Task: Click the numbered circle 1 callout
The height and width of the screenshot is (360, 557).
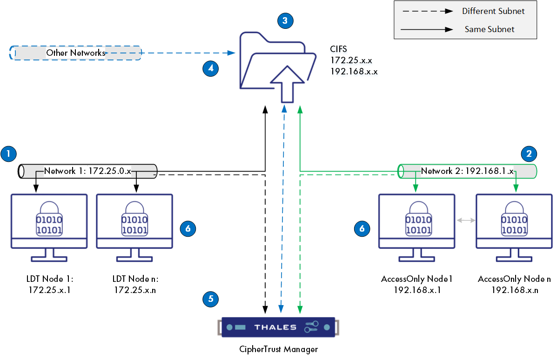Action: coord(9,154)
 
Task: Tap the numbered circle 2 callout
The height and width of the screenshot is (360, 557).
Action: coord(529,153)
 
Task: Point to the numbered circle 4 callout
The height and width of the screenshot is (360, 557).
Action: coord(211,68)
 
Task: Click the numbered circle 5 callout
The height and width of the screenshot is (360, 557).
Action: coord(211,299)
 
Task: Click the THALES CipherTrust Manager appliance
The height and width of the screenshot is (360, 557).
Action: coord(278,327)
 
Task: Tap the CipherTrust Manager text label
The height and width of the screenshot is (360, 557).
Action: coord(279,349)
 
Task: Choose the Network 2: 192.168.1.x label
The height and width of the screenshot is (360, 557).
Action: coord(467,171)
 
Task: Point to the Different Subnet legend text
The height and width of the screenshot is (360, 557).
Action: coord(493,11)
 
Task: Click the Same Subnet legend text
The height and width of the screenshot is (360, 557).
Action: coord(490,29)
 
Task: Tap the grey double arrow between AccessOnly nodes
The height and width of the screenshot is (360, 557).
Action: coord(465,220)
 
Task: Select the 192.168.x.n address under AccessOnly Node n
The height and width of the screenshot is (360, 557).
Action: coord(515,290)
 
